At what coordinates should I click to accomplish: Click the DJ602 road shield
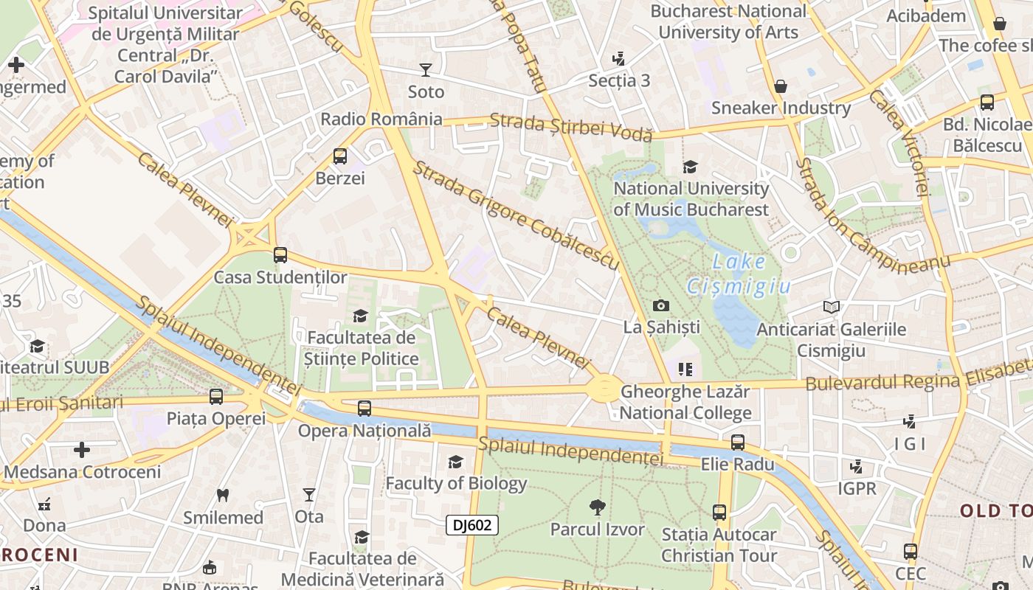pyautogui.click(x=472, y=525)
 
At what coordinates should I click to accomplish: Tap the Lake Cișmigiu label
pyautogui.click(x=739, y=274)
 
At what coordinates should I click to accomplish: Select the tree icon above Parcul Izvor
pyautogui.click(x=598, y=507)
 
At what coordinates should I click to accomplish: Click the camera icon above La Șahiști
pyautogui.click(x=661, y=305)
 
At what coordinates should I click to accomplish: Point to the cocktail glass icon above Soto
pyautogui.click(x=426, y=70)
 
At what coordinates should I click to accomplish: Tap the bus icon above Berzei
pyautogui.click(x=340, y=156)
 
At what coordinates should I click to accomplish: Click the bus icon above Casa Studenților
pyautogui.click(x=280, y=255)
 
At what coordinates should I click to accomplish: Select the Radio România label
pyautogui.click(x=381, y=119)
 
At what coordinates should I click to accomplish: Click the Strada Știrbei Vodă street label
pyautogui.click(x=571, y=127)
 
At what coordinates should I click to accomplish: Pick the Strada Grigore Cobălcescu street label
pyautogui.click(x=515, y=215)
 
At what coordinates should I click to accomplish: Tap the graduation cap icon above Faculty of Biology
pyautogui.click(x=456, y=462)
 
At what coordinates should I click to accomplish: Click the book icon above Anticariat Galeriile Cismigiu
pyautogui.click(x=832, y=307)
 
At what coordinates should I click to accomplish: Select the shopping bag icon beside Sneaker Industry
pyautogui.click(x=781, y=87)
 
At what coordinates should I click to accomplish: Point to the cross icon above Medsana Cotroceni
pyautogui.click(x=82, y=450)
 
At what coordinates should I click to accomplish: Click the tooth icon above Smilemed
pyautogui.click(x=223, y=496)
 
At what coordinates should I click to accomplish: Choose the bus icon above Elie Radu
pyautogui.click(x=737, y=442)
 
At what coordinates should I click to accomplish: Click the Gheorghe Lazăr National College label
pyautogui.click(x=685, y=402)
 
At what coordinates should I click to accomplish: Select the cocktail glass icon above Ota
pyautogui.click(x=309, y=495)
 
